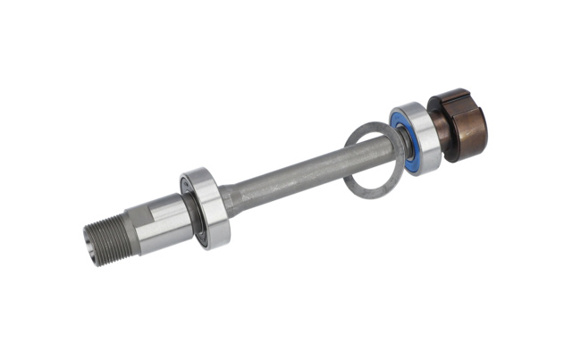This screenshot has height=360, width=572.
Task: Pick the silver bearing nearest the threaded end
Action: click(207, 211)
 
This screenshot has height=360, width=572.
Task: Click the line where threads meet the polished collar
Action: click(126, 224)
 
